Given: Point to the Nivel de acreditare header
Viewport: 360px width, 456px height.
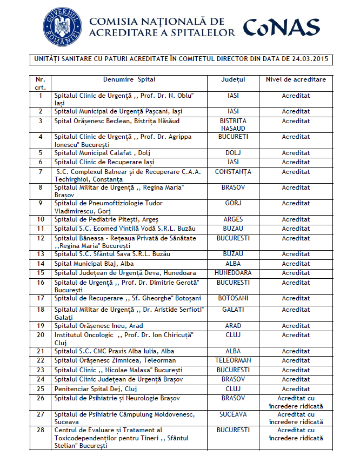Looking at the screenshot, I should coord(296,79).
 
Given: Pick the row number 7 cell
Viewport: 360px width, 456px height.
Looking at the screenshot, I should coord(41,172).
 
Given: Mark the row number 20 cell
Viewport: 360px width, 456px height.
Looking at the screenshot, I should coord(41,336).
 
